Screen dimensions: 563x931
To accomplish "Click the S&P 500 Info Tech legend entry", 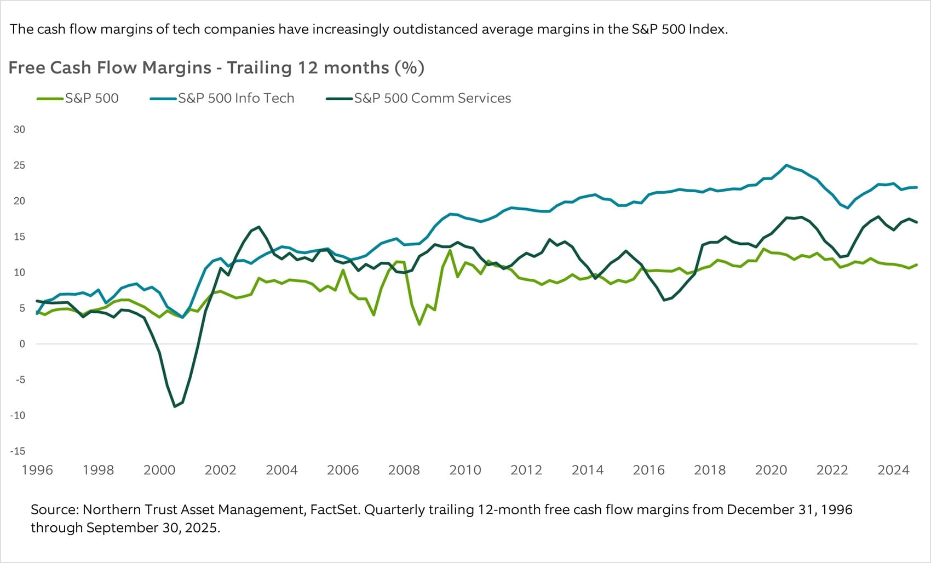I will (235, 98).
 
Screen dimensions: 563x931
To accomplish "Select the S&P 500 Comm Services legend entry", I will (432, 98).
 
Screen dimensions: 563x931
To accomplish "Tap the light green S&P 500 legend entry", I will (91, 98).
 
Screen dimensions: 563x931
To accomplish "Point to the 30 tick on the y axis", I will (19, 129).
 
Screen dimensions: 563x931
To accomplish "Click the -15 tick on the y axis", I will (18, 451).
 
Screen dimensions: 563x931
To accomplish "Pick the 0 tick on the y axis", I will (22, 344).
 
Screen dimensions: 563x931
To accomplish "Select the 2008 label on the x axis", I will (404, 470).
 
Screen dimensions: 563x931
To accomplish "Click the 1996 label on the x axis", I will (37, 470).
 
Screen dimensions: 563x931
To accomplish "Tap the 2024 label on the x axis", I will (893, 470).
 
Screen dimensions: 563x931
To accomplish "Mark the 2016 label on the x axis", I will (648, 470).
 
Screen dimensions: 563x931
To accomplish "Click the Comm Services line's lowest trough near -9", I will (175, 406).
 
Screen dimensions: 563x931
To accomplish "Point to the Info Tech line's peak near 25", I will (786, 165).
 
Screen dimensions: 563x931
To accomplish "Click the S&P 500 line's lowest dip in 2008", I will (419, 324).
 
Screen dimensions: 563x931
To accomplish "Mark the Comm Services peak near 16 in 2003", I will (258, 227).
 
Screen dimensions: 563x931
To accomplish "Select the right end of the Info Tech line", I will (917, 187).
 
